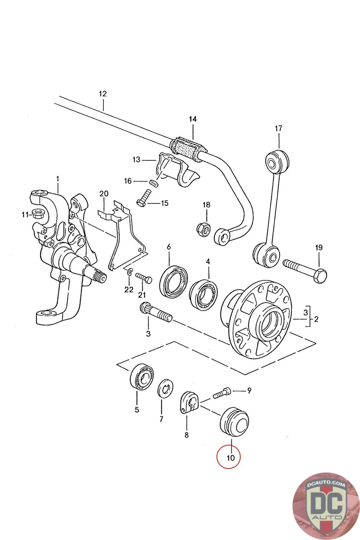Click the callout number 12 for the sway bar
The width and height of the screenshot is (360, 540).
coord(103,93)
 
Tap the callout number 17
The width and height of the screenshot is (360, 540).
coord(278,128)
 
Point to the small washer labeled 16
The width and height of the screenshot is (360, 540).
coord(153,183)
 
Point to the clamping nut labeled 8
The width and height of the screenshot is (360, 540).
coord(189,402)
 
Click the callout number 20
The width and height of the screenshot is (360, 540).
coord(104,193)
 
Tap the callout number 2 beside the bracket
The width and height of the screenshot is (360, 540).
coord(316,319)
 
